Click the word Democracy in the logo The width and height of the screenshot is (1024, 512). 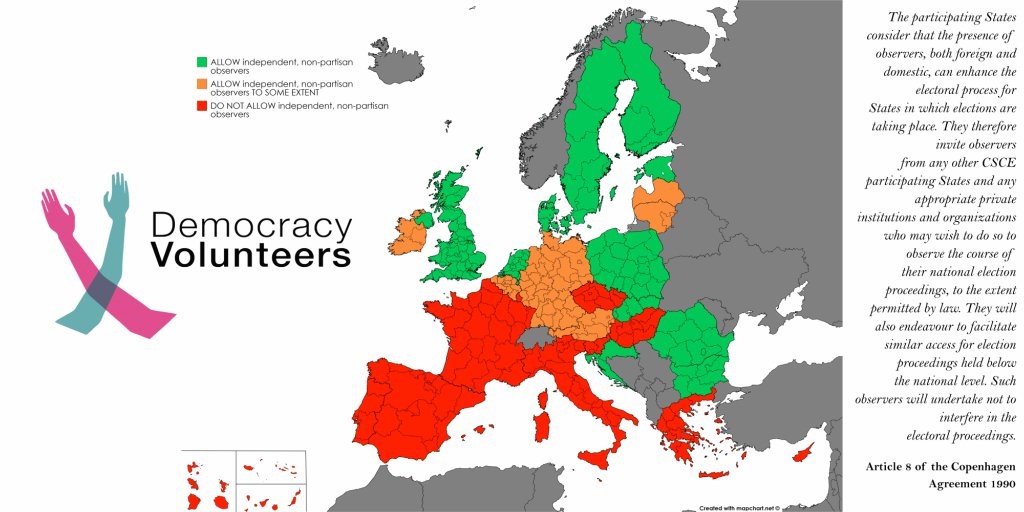point(251,225)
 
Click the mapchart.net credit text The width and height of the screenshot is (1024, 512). point(738,507)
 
